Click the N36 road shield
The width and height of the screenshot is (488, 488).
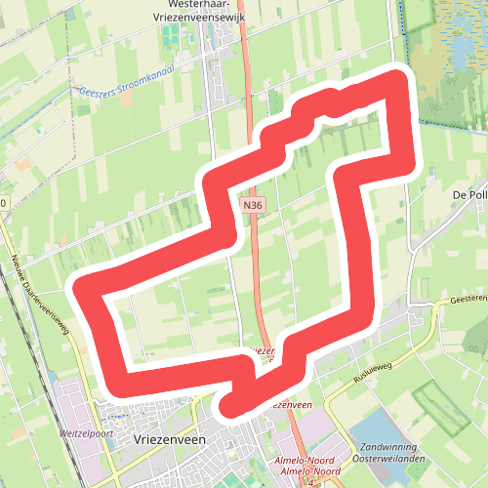(254, 205)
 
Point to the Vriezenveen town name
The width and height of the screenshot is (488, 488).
(168, 441)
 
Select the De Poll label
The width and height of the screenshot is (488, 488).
(470, 194)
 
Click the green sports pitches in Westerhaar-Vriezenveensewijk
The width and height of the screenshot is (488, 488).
(172, 37)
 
